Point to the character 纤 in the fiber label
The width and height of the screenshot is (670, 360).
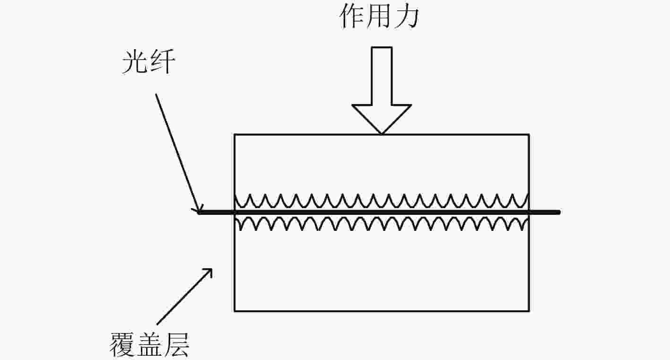162,62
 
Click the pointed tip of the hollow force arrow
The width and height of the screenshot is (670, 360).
382,133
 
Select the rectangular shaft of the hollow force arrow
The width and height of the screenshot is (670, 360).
382,76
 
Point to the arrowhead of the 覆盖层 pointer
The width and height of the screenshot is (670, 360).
211,269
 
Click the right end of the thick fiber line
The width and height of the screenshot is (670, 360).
559,212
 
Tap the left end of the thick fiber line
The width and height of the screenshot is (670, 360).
199,212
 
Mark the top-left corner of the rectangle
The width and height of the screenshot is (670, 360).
235,135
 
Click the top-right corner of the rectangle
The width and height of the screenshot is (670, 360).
529,135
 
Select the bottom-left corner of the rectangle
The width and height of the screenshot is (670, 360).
235,311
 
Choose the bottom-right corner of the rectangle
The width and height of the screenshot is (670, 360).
529,311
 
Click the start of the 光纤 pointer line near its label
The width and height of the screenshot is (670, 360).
156,95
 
